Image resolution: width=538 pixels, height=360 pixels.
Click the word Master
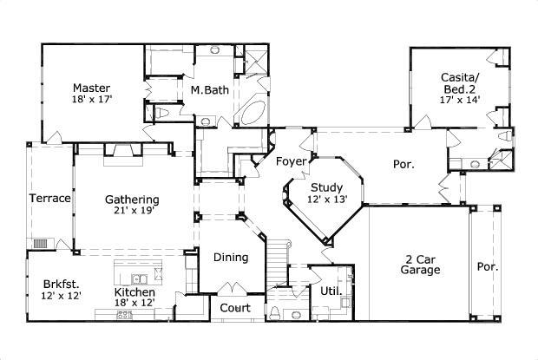(x=90, y=88)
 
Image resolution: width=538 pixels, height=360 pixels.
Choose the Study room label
(x=327, y=186)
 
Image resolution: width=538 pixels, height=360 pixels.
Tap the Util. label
(x=330, y=291)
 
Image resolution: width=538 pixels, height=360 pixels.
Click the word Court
(x=235, y=308)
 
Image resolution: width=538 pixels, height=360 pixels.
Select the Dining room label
(x=232, y=258)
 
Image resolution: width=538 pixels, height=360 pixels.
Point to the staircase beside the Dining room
(x=277, y=260)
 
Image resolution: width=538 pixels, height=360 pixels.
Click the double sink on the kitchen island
(x=139, y=278)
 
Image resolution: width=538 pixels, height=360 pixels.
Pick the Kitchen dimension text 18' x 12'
(x=136, y=304)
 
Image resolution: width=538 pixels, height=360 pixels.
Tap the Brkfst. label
(x=61, y=283)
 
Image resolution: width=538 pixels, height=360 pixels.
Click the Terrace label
(x=49, y=199)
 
